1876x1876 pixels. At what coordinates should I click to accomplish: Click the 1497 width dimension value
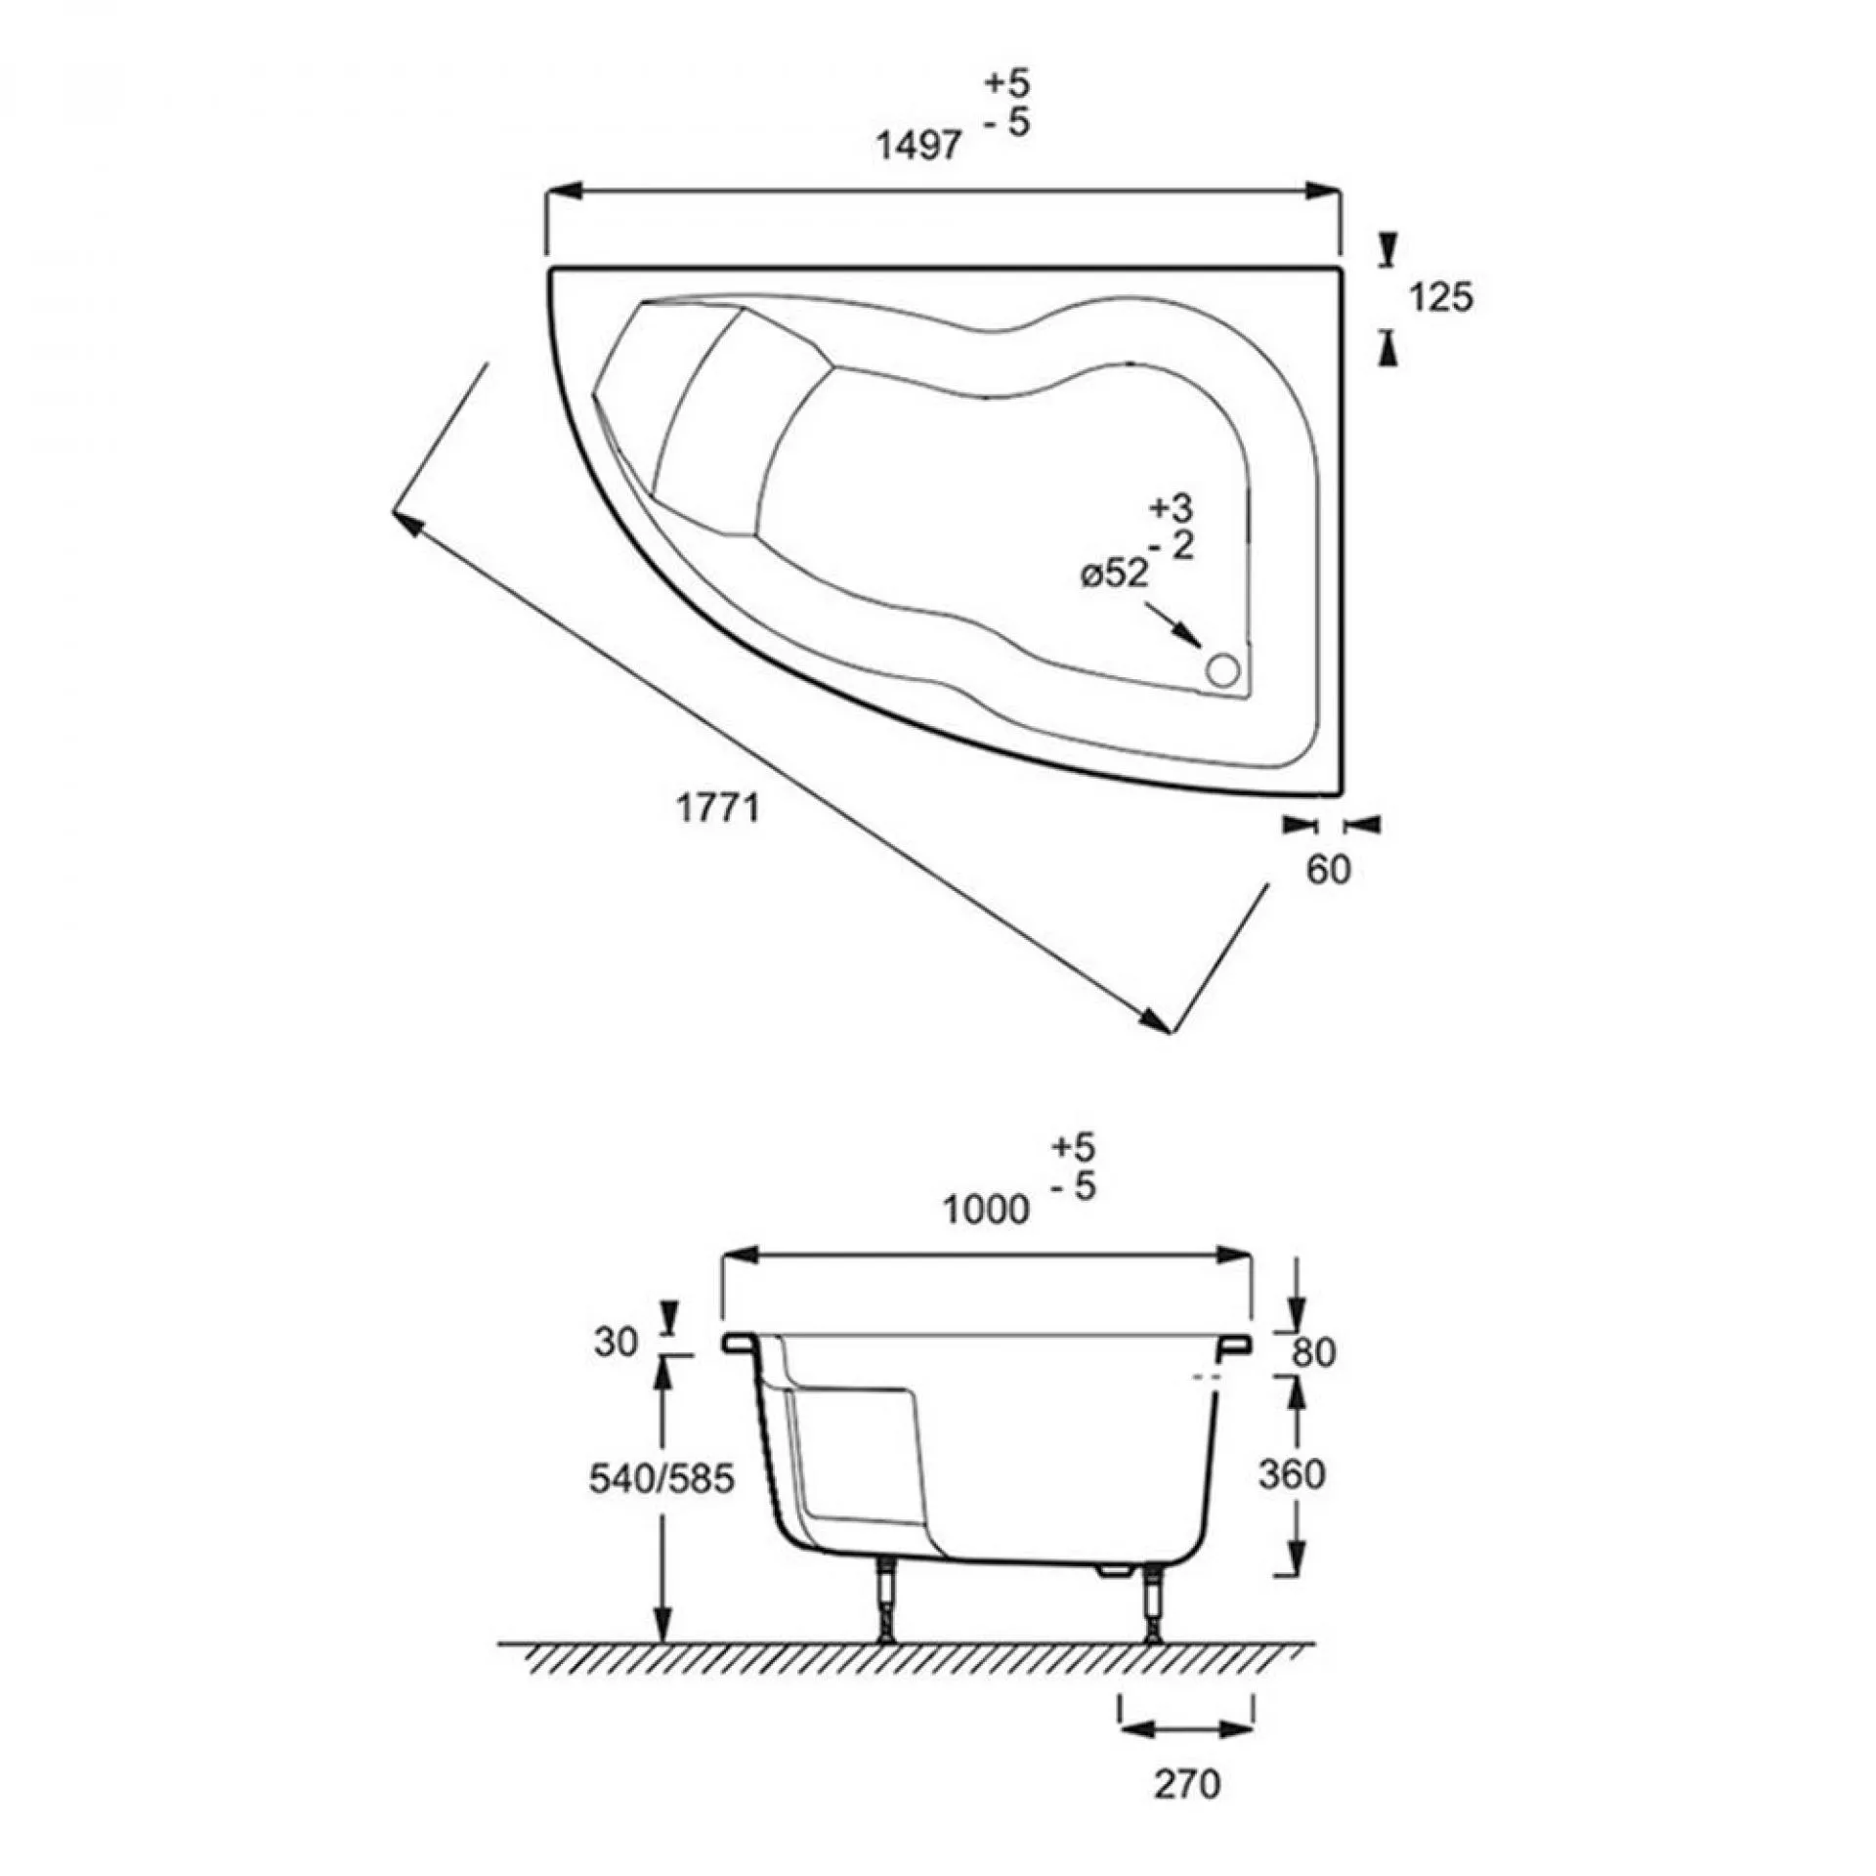tap(918, 147)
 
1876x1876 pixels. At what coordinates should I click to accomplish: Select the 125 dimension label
tap(1441, 297)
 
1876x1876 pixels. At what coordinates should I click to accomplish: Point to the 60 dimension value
tap(1328, 870)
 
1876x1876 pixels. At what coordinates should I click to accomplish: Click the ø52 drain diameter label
tap(1115, 575)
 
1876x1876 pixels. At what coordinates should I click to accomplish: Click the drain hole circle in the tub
tap(1222, 671)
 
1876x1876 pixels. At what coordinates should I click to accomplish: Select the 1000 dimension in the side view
tap(986, 1211)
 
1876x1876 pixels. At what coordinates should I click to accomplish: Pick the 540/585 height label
tap(661, 1479)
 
